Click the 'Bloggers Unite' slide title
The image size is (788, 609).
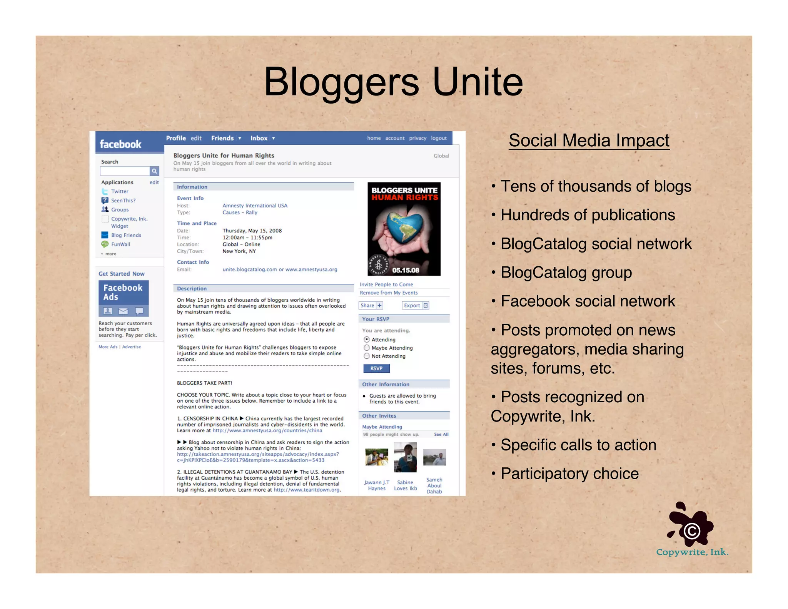click(393, 82)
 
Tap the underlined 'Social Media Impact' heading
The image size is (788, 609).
click(589, 141)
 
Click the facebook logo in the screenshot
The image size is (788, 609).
click(120, 144)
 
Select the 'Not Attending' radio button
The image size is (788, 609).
click(367, 356)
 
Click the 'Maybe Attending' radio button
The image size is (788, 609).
click(367, 348)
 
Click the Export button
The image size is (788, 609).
click(415, 305)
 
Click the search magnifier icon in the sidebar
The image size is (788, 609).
click(154, 171)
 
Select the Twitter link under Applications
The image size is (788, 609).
click(120, 191)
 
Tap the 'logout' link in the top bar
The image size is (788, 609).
click(439, 138)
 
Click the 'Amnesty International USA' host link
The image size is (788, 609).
click(255, 206)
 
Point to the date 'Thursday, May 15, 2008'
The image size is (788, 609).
click(252, 231)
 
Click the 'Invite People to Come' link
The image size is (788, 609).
click(386, 284)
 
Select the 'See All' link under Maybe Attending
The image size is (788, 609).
click(441, 434)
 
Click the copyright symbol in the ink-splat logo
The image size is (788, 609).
click(692, 531)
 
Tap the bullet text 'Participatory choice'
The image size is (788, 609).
click(569, 473)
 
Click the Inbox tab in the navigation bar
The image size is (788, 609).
click(259, 138)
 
